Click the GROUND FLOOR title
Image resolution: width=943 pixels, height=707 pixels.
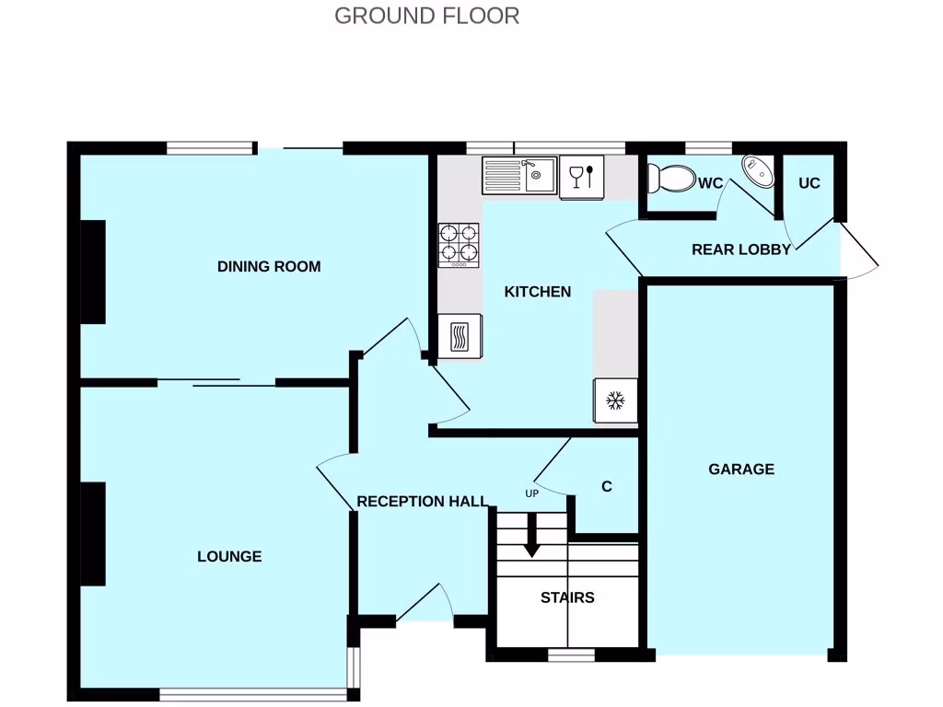point(426,16)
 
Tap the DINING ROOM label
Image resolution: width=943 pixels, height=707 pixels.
point(269,267)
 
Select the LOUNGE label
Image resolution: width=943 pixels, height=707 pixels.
point(229,556)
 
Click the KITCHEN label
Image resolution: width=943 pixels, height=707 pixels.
point(538,292)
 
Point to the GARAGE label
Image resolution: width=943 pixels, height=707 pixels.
point(741,469)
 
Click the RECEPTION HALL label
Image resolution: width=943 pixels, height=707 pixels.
point(422,502)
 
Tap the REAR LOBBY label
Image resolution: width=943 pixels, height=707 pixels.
point(740,249)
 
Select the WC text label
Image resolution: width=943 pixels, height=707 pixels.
point(710,183)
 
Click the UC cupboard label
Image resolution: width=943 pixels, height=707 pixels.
point(809,183)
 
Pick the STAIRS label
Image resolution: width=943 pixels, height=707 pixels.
point(567,597)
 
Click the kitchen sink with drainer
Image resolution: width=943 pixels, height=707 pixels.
point(518,175)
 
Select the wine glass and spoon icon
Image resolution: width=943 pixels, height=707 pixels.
point(581,176)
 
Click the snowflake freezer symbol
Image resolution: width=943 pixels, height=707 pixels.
point(614,401)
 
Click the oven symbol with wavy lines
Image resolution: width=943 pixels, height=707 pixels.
point(460,336)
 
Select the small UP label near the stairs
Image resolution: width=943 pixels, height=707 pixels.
point(531,493)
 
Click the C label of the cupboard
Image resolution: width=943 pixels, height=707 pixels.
point(606,487)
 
